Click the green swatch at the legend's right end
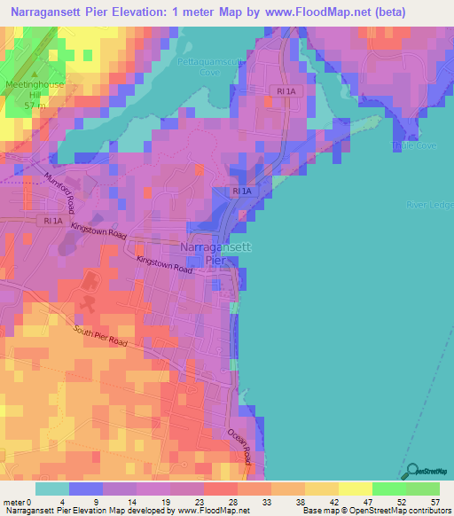(x=422, y=488)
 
